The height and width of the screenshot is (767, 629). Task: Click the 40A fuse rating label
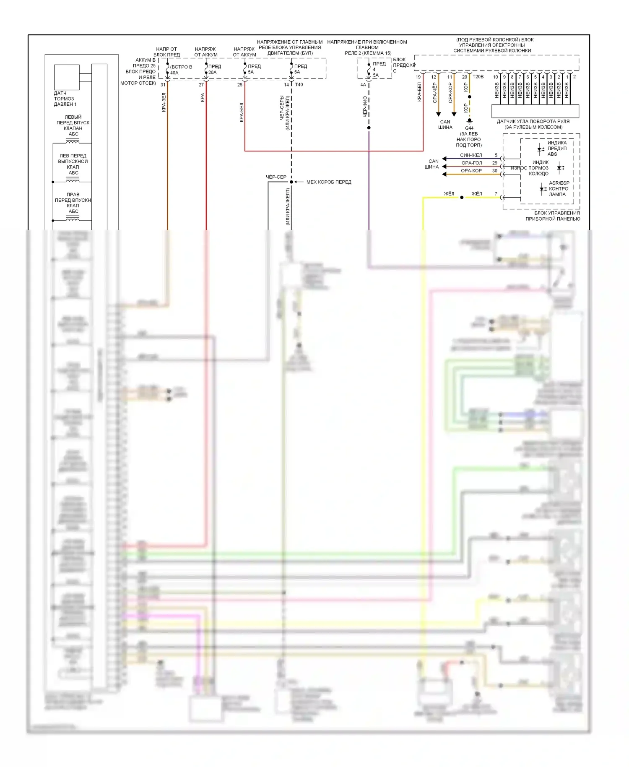(x=174, y=73)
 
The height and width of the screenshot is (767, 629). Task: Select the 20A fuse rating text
(x=213, y=72)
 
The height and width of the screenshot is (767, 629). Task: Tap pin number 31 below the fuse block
(x=163, y=85)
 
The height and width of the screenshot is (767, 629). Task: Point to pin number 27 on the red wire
(x=201, y=85)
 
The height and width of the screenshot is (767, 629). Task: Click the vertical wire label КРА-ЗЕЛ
(x=164, y=102)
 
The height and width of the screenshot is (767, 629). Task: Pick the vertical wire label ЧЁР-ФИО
(x=365, y=107)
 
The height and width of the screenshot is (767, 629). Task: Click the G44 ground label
(x=469, y=128)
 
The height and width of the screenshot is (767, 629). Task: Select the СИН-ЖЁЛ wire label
(x=471, y=155)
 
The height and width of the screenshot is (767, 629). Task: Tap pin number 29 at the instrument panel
(x=495, y=163)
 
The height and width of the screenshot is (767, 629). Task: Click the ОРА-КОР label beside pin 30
(x=471, y=171)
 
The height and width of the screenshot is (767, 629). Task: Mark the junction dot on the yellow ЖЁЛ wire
(x=462, y=197)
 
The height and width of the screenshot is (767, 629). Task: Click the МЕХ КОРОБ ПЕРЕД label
(x=329, y=182)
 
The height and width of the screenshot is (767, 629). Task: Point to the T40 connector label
(x=299, y=85)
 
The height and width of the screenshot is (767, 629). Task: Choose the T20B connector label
(x=478, y=77)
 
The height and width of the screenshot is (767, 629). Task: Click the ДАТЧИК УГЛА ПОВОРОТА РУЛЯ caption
(x=533, y=121)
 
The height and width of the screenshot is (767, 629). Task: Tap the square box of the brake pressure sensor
(x=67, y=77)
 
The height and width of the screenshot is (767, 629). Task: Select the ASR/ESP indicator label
(x=559, y=183)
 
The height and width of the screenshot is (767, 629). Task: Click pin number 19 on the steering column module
(x=418, y=77)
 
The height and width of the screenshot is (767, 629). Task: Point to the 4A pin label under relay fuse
(x=363, y=85)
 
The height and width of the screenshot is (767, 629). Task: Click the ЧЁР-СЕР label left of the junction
(x=276, y=177)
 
